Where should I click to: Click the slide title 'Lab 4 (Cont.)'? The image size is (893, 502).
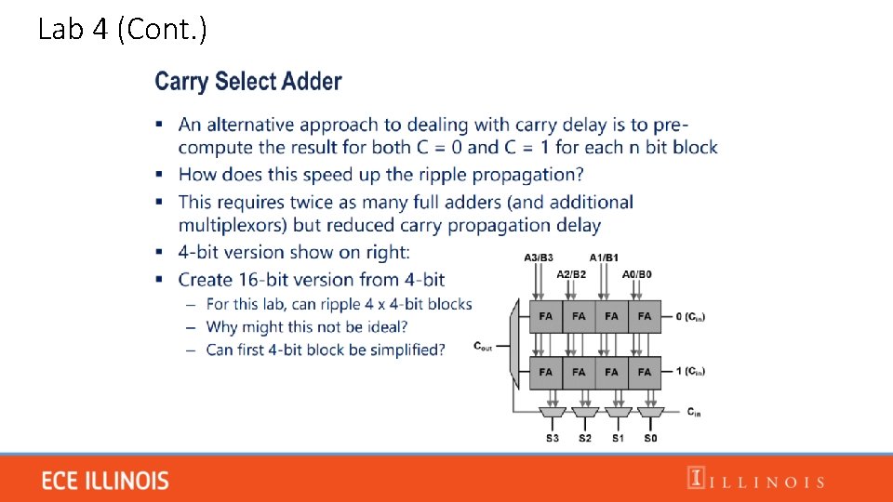[123, 30]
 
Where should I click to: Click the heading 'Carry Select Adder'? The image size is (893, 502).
[248, 82]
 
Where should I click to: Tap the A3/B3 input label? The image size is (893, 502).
[539, 258]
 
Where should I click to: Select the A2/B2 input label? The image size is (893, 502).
[571, 274]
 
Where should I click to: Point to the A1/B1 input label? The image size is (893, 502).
[604, 258]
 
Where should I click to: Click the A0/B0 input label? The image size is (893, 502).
[637, 274]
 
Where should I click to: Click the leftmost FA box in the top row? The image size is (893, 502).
[546, 316]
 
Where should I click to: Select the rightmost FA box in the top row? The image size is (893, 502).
[645, 316]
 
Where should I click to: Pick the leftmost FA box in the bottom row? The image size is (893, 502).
[546, 372]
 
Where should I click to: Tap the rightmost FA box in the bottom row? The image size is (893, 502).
[645, 372]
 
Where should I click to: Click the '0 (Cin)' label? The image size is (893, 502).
[689, 317]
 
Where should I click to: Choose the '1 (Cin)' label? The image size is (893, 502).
[689, 372]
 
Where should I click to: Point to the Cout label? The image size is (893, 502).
[484, 347]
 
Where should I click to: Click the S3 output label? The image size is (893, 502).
[553, 437]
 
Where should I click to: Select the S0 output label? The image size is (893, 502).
[650, 437]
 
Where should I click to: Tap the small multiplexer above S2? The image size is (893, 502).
[585, 412]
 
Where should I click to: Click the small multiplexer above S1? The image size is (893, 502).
[618, 412]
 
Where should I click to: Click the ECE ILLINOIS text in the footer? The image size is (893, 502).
[106, 481]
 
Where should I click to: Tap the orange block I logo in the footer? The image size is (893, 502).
[695, 478]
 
